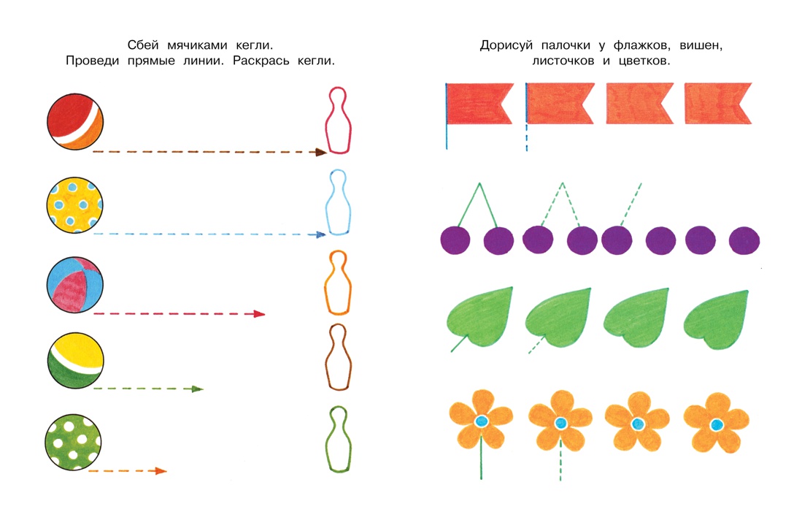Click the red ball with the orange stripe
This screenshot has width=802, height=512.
[x=75, y=121]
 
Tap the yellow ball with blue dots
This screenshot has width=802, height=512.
[x=74, y=205]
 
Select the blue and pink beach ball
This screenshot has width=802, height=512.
[x=74, y=285]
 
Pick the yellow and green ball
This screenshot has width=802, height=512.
[x=76, y=361]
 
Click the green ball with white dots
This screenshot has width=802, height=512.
[x=73, y=443]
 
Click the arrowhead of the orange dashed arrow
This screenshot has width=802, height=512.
[x=161, y=471]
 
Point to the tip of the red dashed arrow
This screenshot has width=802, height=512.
[x=265, y=314]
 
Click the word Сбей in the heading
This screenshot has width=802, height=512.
[x=143, y=45]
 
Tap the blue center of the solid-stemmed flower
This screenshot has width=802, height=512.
[x=482, y=421]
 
